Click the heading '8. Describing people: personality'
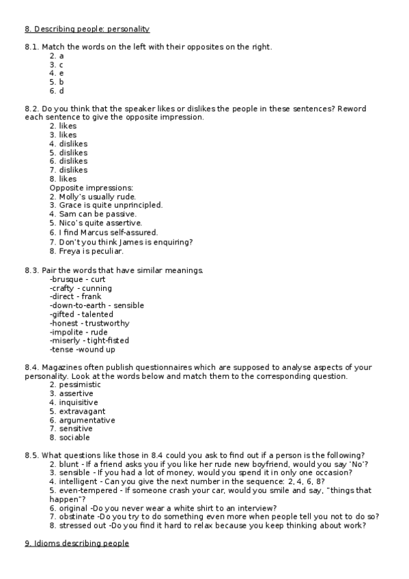pos(87,29)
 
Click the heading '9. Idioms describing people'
pos(76,543)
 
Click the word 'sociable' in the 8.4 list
pos(74,438)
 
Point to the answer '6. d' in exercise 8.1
pos(57,91)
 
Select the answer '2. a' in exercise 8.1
pos(57,55)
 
